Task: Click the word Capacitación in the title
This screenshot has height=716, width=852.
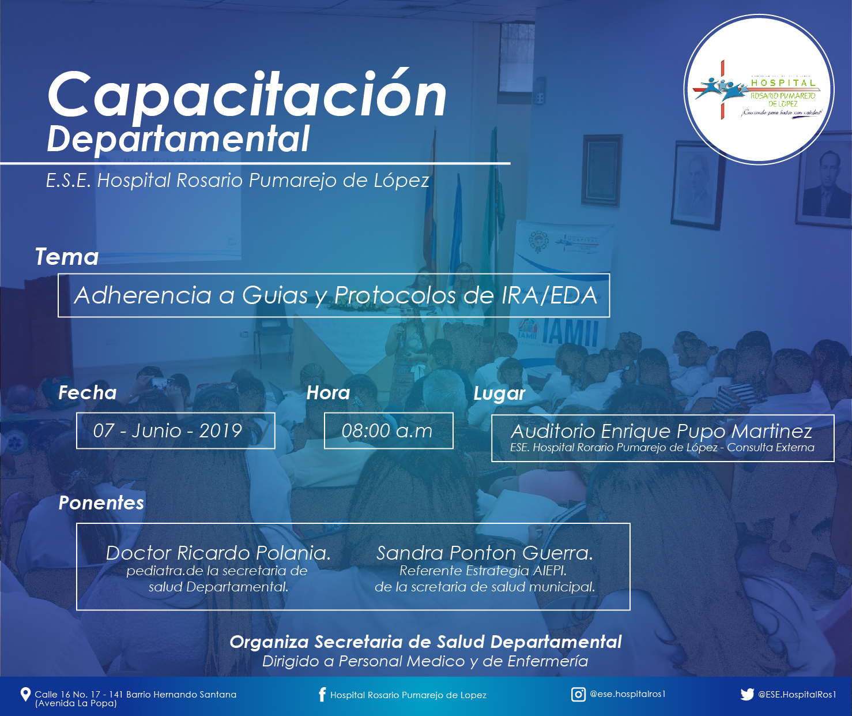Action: point(247,96)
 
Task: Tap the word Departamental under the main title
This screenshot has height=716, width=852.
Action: point(178,139)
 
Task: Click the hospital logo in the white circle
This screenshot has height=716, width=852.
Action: point(758,91)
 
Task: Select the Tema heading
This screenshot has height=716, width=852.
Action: point(67,257)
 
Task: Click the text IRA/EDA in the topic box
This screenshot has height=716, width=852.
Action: point(549,295)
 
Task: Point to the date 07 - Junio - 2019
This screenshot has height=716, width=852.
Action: point(167,430)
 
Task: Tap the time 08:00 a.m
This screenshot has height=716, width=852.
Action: point(387,431)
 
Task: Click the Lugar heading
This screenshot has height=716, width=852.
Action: point(499,393)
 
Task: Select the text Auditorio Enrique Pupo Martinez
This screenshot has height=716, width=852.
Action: point(661,431)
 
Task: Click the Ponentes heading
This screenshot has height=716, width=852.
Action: point(101,503)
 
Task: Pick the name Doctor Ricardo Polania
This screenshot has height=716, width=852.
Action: point(218,553)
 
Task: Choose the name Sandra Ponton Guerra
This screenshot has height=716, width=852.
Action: point(484,553)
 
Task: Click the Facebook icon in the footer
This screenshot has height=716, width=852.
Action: point(322,694)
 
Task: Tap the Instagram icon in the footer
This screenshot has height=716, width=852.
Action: point(578,694)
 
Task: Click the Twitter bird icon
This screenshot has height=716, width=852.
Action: point(747,694)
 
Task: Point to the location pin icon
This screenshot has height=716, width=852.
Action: point(25,694)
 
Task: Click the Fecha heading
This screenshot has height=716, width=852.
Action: point(87,392)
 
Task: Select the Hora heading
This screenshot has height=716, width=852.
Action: point(328,392)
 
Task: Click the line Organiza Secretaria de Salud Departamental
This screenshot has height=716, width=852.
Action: point(425,642)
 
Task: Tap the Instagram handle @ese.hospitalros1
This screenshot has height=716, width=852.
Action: point(628,694)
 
